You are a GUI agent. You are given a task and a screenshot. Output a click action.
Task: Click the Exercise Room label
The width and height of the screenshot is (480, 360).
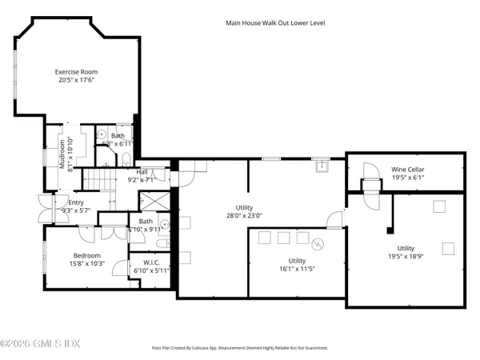click(76, 71)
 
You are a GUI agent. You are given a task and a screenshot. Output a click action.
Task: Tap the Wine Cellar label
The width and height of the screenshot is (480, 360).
click(407, 170)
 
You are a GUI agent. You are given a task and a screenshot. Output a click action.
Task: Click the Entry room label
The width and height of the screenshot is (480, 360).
click(76, 202)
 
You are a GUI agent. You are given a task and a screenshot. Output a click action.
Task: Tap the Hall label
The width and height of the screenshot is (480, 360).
click(142, 171)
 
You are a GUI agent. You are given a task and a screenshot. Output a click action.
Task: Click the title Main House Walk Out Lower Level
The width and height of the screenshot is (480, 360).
click(274, 23)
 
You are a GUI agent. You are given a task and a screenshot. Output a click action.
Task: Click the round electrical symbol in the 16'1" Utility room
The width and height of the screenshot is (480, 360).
click(317, 244)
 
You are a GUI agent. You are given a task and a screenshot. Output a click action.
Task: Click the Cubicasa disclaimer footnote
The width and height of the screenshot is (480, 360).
click(239, 348)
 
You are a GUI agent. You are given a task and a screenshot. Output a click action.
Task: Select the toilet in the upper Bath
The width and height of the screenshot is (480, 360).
click(102, 135)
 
